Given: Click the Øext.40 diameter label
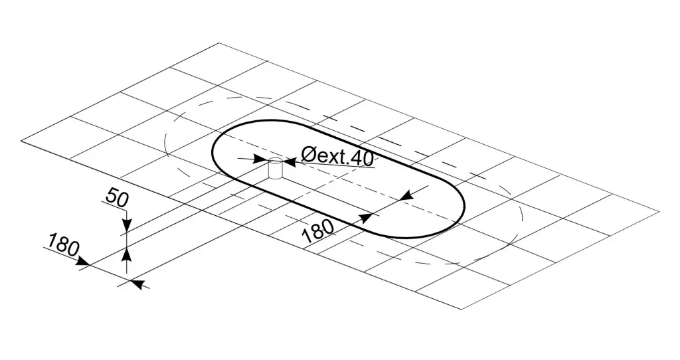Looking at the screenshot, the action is tap(337, 157).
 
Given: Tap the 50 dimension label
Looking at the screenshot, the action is tap(118, 198).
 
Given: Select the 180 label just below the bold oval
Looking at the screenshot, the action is tap(318, 231).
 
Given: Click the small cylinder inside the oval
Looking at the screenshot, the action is tap(275, 169).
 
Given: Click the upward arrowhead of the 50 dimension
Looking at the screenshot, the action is tap(126, 254).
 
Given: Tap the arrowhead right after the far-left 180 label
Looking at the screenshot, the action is tap(82, 262).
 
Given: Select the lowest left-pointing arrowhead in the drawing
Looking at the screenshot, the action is tap(137, 284).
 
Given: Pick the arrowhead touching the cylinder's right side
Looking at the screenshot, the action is tap(289, 163).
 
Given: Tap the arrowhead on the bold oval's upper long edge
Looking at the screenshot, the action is tap(406, 196).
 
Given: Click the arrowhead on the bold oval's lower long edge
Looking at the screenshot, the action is tap(367, 218).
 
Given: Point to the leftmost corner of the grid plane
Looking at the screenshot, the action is tap(21, 141).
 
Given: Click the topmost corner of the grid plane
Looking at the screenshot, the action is tap(219, 43).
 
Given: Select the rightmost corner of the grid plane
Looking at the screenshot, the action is tap(659, 212).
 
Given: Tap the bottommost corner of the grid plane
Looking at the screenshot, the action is tap(461, 310).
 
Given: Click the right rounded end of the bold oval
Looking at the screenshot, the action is tap(464, 208).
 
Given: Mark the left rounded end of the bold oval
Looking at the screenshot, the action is tap(212, 149).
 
